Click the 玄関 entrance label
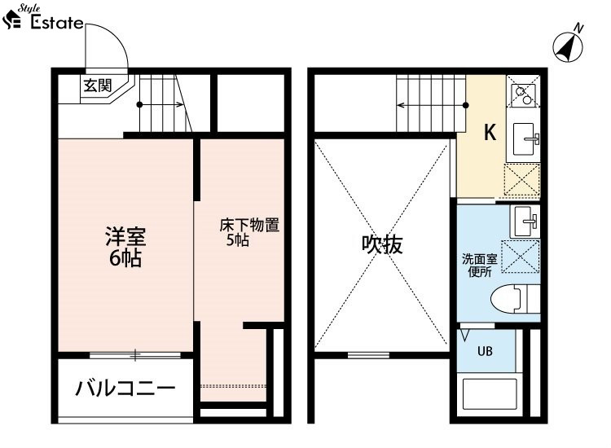click(98, 86)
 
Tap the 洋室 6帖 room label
click(125, 246)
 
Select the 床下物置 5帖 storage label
click(249, 232)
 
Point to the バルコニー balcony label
click(125, 389)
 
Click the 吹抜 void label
click(382, 245)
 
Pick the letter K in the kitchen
click(490, 132)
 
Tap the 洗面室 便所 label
click(479, 266)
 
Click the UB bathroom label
click(485, 351)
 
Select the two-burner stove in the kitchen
click(523, 95)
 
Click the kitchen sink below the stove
click(525, 139)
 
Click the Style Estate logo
click(42, 18)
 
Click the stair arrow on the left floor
click(160, 104)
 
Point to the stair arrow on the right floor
click(433, 105)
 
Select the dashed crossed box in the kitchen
click(521, 179)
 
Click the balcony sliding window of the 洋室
click(135, 355)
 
